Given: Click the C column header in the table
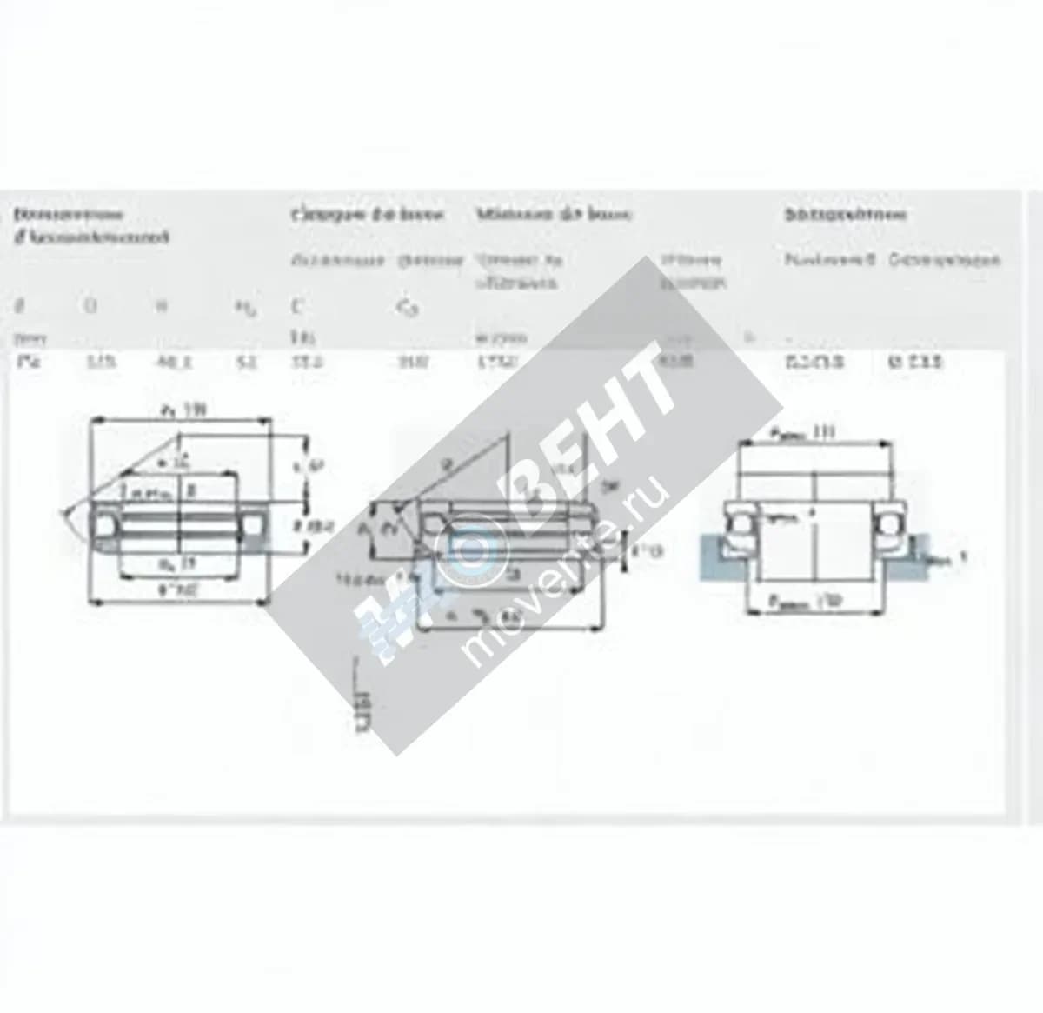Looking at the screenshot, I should (x=296, y=307).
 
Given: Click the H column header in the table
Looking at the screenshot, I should (x=160, y=306).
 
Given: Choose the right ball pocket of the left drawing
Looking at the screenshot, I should (x=254, y=524).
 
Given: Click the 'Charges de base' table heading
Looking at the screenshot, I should (x=367, y=215).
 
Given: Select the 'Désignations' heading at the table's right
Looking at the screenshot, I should (x=845, y=214).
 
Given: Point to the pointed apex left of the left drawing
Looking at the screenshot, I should (x=63, y=512).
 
